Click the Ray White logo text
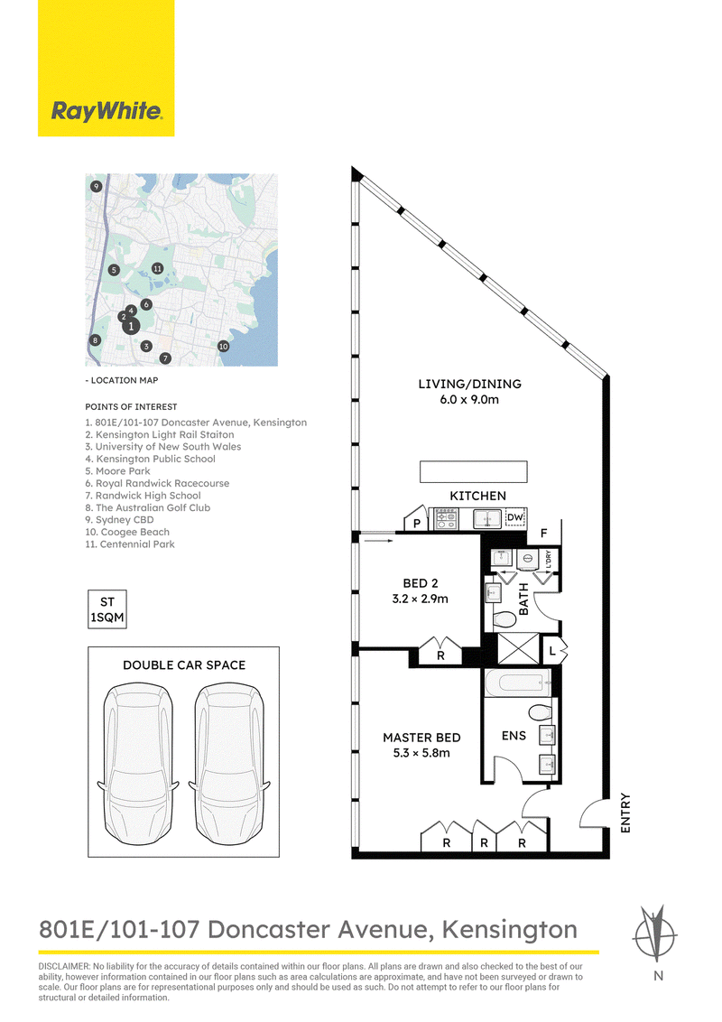point(106,111)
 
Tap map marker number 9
point(97,186)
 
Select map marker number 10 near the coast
point(224,346)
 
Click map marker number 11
point(157,268)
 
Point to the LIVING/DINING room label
point(470,384)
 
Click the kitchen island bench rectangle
point(473,471)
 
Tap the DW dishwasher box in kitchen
point(514,518)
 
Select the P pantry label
point(416,524)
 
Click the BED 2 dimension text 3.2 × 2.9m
point(421,599)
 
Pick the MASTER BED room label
point(421,738)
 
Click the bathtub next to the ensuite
point(518,683)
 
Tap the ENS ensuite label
point(514,735)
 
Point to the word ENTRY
point(625,813)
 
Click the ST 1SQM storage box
point(107,609)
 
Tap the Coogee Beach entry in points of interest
point(127,532)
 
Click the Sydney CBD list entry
point(120,519)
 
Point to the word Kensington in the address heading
point(510,930)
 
